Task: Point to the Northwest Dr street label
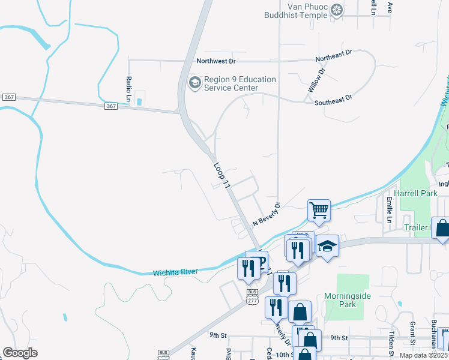click(216, 61)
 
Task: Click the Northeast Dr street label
click(334, 56)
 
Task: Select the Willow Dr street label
click(316, 80)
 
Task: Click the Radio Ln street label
click(128, 88)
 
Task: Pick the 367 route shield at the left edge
click(8, 97)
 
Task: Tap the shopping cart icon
click(319, 210)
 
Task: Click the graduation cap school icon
click(328, 246)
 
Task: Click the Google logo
click(20, 353)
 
